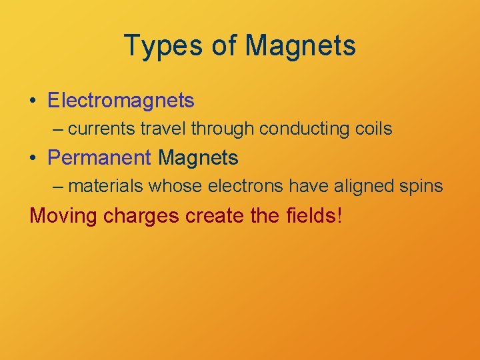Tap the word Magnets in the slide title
300,46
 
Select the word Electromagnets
121,101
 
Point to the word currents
97,129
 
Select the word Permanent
100,158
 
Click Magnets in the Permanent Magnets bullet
198,158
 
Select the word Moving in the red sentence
64,216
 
